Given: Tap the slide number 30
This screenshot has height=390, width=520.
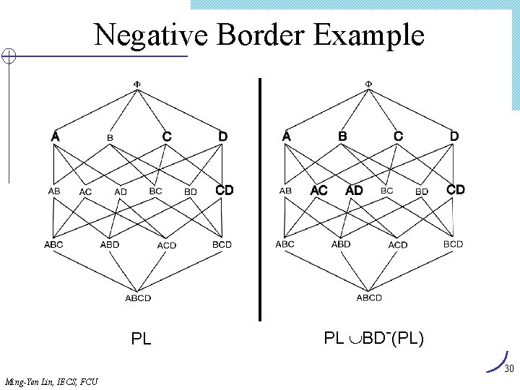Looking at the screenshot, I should tap(508, 369).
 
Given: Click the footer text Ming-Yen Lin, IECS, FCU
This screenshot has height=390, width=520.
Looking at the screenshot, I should tap(51, 381).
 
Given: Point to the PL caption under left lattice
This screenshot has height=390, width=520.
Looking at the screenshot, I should tap(141, 338).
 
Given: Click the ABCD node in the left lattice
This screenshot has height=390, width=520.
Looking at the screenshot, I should tap(138, 298).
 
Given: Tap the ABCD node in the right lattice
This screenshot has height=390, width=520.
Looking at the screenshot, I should tap(369, 298).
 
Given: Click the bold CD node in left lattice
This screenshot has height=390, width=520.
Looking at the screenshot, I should tap(225, 190).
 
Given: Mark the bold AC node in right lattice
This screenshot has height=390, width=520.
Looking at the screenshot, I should tap(318, 190).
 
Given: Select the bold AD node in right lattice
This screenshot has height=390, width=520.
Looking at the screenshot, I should tap(354, 190).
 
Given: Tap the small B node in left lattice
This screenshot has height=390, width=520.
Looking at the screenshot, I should tap(110, 138).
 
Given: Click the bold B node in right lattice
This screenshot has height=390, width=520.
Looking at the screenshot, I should tap(343, 136).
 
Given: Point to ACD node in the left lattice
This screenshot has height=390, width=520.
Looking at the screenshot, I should tap(167, 246).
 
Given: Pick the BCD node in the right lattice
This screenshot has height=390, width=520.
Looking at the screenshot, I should tap(453, 244).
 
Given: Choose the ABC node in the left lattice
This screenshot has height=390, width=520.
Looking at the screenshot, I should tap(53, 244).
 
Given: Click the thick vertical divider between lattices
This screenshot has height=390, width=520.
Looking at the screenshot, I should tap(259, 199).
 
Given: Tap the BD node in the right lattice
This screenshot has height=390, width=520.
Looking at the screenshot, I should tap(422, 191).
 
